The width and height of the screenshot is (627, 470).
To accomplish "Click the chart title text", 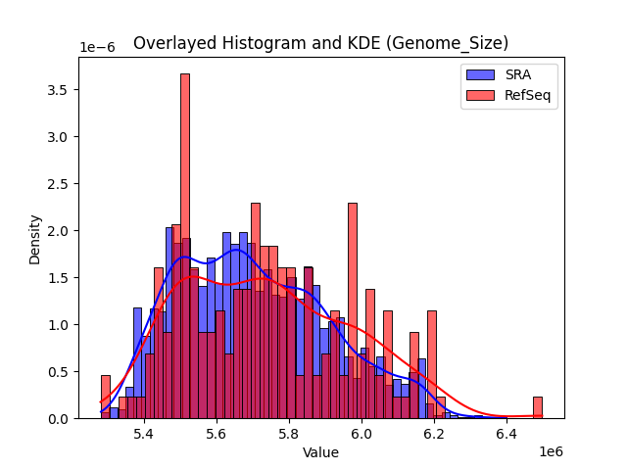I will [320, 43].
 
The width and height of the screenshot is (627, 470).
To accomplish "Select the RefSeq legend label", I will [525, 94].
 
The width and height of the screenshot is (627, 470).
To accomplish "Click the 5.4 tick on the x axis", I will [144, 433].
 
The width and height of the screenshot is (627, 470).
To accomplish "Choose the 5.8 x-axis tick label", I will [289, 433].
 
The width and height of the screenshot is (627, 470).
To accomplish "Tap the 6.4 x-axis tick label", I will [506, 433].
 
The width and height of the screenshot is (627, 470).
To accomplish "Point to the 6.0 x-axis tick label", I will [362, 433].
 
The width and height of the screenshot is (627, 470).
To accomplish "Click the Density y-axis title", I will [35, 239].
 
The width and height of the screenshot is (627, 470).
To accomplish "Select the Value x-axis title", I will [320, 452].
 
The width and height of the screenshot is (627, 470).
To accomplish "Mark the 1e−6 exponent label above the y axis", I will [97, 48].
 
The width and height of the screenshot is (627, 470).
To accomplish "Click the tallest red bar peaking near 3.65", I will [184, 245].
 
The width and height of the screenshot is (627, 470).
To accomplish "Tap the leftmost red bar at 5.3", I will [106, 397].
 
